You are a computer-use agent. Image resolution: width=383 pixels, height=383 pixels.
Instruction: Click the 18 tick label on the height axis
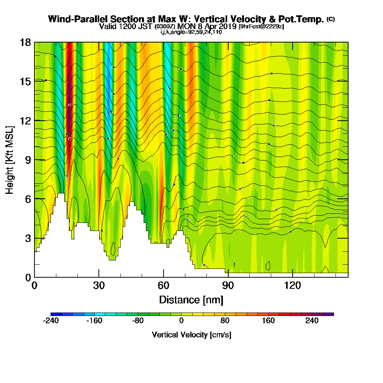[x=25, y=43]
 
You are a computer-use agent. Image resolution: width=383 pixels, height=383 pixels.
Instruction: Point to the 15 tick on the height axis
[x=25, y=82]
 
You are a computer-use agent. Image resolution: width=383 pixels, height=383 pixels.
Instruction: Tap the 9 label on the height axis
[x=28, y=160]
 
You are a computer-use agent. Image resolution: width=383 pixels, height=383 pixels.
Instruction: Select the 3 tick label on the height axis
[x=28, y=238]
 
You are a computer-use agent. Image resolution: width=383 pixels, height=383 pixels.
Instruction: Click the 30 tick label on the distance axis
[x=99, y=285]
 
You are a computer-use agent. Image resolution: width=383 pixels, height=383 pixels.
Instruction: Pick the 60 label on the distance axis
[x=164, y=285]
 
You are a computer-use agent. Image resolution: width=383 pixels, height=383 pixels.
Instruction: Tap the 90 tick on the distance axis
[x=228, y=285]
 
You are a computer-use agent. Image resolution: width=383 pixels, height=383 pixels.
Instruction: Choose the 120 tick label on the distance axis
[x=292, y=285]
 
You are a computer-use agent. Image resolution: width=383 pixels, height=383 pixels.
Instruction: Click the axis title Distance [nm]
[x=191, y=299]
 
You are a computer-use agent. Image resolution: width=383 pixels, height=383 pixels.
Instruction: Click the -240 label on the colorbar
[x=51, y=321]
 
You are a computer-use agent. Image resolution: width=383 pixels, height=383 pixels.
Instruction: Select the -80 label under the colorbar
[x=137, y=321]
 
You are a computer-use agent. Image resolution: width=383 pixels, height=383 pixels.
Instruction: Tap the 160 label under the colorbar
[x=268, y=321]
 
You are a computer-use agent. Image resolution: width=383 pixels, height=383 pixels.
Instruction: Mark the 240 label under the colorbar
[x=312, y=321]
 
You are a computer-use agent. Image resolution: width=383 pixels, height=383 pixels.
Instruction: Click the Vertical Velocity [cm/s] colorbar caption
[x=191, y=335]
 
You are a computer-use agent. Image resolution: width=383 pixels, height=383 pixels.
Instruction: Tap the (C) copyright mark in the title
[x=331, y=19]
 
